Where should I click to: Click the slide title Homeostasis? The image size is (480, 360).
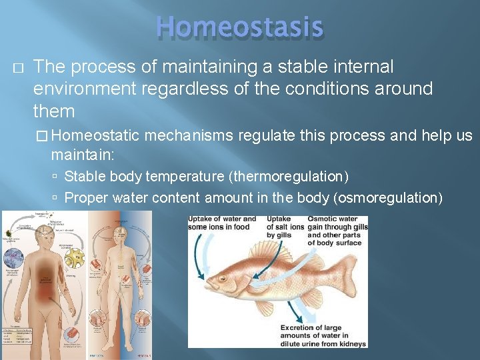point(239,27)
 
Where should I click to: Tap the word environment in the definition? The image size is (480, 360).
point(81,89)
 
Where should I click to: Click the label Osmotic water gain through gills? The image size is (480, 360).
point(337,231)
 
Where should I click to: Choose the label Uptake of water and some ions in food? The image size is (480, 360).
point(222,223)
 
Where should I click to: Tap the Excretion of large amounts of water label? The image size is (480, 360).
point(323,336)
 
